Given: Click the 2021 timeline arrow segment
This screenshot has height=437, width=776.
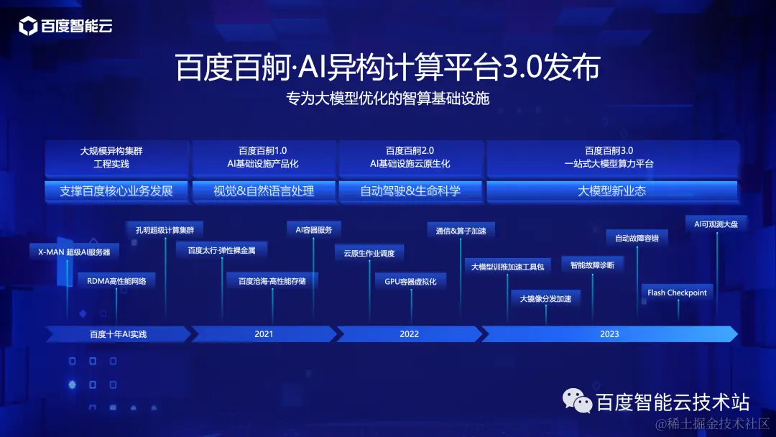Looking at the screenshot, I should coord(264,334).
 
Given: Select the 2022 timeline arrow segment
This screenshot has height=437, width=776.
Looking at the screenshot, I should coord(409,334).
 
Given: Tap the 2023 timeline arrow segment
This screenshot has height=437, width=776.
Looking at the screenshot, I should coord(609,334).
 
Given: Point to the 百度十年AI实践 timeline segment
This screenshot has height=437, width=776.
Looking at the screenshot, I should coord(118,334).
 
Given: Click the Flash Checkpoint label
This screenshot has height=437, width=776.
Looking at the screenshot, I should coord(677,293).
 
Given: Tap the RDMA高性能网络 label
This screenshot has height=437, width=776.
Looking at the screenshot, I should coord(116,281).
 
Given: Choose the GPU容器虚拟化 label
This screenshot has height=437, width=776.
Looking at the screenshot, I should coord(410,281).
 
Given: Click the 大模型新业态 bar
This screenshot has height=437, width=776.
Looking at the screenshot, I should coord(612,191).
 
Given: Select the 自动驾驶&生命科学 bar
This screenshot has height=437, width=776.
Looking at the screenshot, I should coord(410,191).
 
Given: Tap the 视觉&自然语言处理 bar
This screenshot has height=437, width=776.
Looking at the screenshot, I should coord(264,191).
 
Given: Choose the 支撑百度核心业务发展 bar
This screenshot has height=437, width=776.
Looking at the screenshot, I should coord(116,191).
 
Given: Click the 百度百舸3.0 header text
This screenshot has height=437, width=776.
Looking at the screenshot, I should coord(609,151).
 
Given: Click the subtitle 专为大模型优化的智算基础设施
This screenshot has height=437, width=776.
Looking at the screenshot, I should coord(387,98).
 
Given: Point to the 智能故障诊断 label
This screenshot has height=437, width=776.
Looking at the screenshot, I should coord(592,264).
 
